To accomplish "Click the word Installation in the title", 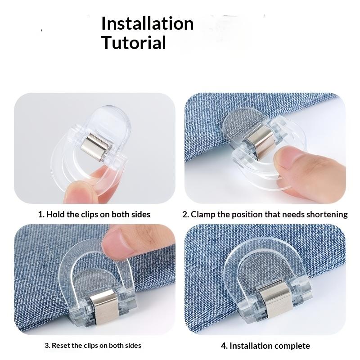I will click(x=147, y=23).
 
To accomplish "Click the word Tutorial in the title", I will click(x=134, y=43).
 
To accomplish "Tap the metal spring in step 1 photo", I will click(x=96, y=146).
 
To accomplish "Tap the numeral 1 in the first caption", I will click(x=40, y=214).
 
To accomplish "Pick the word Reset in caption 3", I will click(x=62, y=346).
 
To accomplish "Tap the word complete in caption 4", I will click(x=289, y=346).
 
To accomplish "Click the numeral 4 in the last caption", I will click(x=224, y=346).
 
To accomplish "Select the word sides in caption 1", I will click(x=140, y=214).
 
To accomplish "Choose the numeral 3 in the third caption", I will click(x=47, y=346).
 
